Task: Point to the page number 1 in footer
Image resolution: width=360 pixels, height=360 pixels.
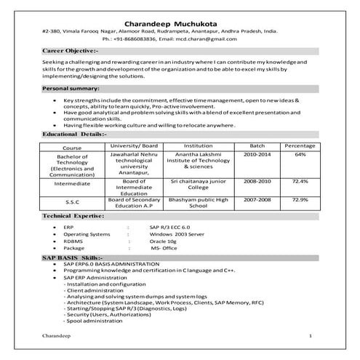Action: (311, 336)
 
